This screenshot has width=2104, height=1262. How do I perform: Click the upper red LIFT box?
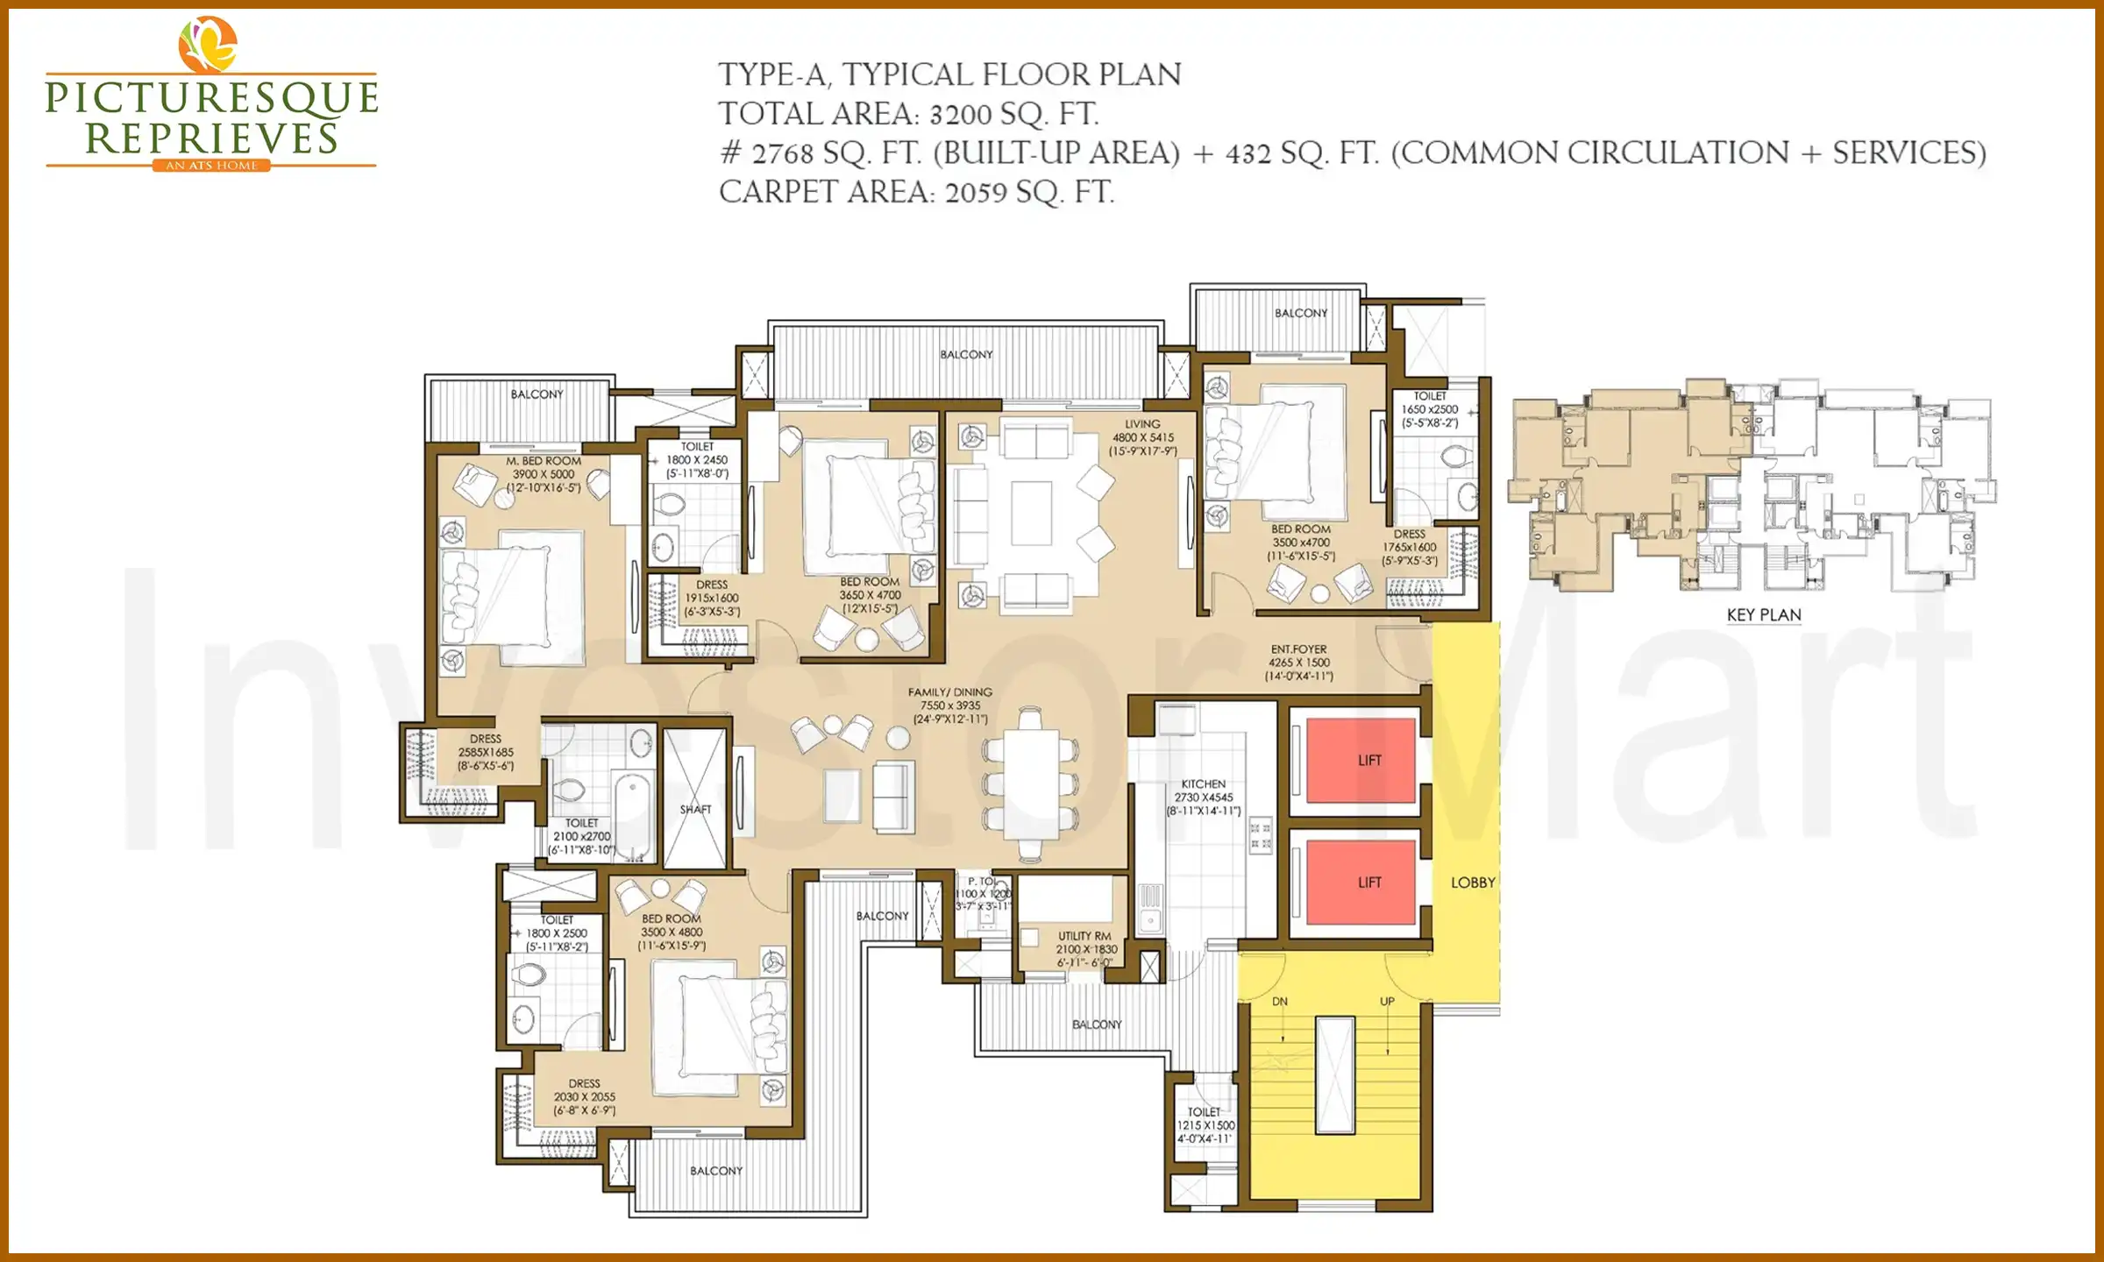(x=1361, y=760)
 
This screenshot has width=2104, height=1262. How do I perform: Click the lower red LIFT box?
(x=1361, y=882)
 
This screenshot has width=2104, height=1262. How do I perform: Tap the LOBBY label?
(x=1473, y=883)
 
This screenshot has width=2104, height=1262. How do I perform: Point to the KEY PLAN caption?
(x=1763, y=615)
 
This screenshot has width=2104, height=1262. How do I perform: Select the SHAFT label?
(x=695, y=810)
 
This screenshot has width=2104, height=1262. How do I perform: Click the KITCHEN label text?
(x=1203, y=784)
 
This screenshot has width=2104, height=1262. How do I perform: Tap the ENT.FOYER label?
(x=1298, y=649)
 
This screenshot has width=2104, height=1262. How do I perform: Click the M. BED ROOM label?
(x=544, y=461)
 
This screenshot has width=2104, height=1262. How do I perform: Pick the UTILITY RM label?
(x=1084, y=936)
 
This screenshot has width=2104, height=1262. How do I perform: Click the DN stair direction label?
(x=1280, y=1002)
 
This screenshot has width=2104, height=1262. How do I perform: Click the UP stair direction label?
(x=1387, y=1002)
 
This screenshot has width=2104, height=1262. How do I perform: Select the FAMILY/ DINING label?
(x=950, y=692)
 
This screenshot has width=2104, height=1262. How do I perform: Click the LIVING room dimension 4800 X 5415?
(x=1143, y=437)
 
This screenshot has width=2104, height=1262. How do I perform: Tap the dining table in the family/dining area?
(x=1031, y=784)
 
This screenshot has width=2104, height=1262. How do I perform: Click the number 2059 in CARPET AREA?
(x=976, y=193)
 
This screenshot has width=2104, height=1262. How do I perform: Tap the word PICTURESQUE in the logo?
(x=211, y=98)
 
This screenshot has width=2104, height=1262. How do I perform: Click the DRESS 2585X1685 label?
(x=486, y=752)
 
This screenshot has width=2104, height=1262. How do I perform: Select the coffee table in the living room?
(x=1031, y=514)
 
